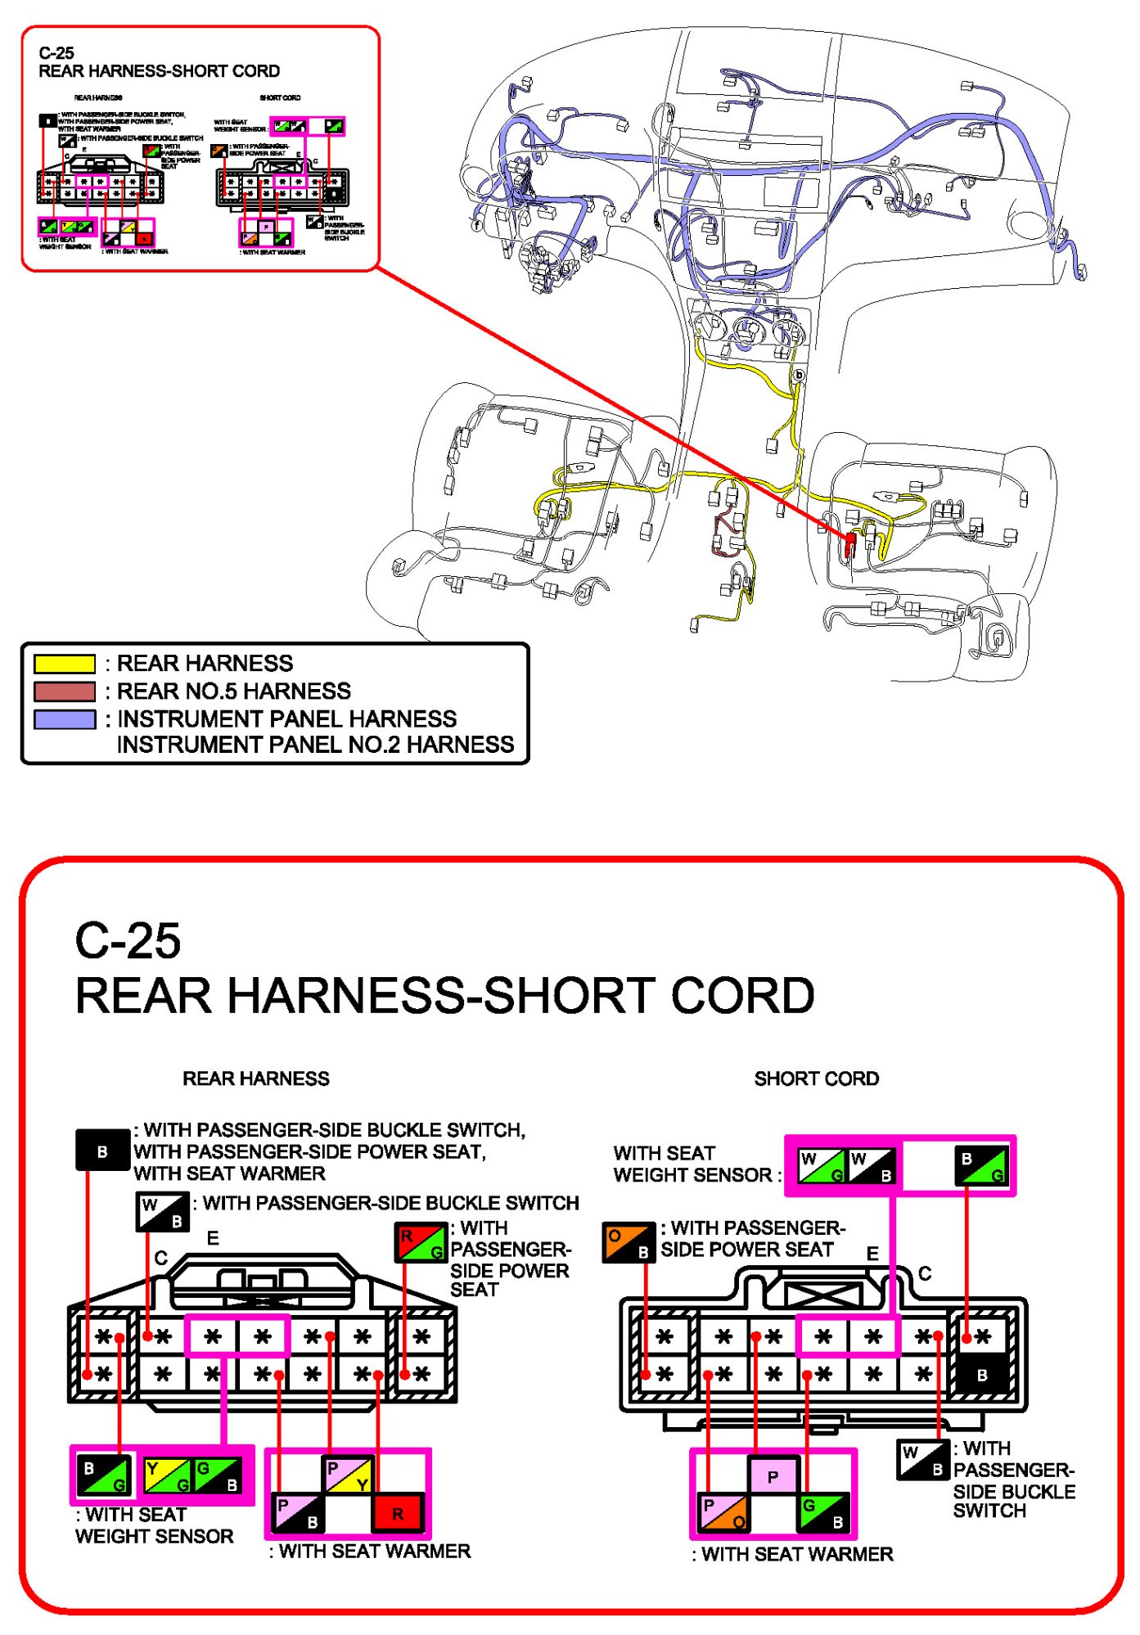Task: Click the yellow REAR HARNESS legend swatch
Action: pos(65,664)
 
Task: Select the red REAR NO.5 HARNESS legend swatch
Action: pos(65,691)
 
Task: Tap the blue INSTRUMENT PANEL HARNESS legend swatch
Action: pos(65,719)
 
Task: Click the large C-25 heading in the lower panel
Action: pos(128,941)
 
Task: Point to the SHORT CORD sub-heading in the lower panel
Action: pos(816,1079)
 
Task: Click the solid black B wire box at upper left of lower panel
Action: pos(102,1151)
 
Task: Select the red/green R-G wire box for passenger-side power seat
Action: pos(421,1242)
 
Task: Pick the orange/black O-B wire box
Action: pos(629,1242)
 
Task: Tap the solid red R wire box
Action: pos(398,1513)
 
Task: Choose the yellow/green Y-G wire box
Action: pos(168,1475)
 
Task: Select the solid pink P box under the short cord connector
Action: pos(773,1477)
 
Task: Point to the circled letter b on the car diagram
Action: pos(799,376)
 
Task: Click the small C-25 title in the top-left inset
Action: pos(56,53)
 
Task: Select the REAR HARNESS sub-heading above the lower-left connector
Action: pos(255,1079)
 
